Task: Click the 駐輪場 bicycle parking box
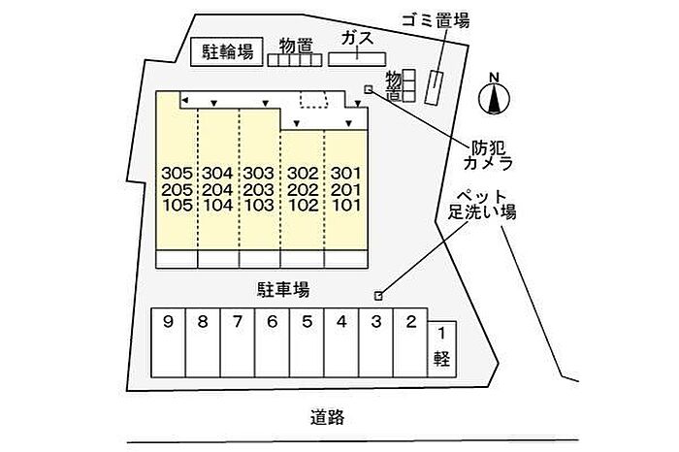[227, 51]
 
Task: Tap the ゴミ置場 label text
[436, 20]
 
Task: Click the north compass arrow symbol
[494, 97]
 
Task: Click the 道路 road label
[328, 418]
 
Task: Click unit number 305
[178, 174]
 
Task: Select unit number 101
[345, 205]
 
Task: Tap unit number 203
[260, 189]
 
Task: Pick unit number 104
[218, 205]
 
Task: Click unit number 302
[303, 174]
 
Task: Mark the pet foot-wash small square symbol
[379, 296]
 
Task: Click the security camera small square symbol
[367, 90]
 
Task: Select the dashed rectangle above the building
[313, 99]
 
